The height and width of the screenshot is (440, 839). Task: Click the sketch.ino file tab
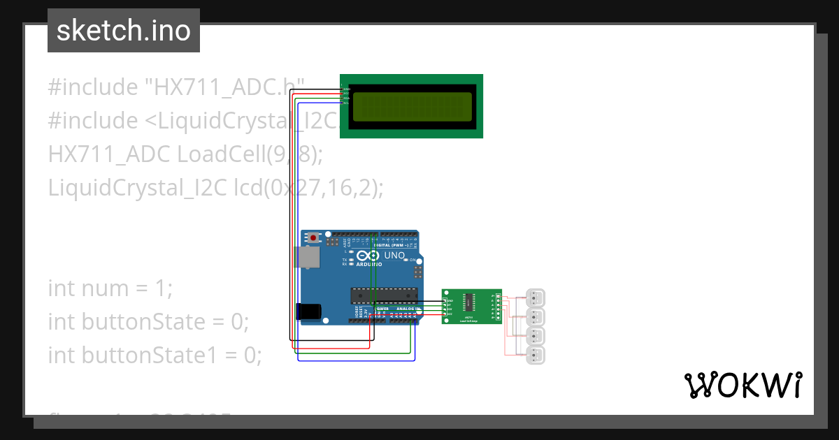pyautogui.click(x=123, y=31)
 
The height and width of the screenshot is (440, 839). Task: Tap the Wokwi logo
pyautogui.click(x=743, y=385)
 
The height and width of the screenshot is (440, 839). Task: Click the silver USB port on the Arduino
pyautogui.click(x=306, y=257)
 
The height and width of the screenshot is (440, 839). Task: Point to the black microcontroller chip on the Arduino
pyautogui.click(x=384, y=295)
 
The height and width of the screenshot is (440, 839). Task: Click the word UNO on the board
pyautogui.click(x=395, y=256)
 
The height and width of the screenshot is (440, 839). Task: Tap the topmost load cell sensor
pyautogui.click(x=536, y=298)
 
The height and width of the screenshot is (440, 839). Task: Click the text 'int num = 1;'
pyautogui.click(x=110, y=288)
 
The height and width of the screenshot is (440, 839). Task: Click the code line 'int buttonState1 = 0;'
pyautogui.click(x=155, y=355)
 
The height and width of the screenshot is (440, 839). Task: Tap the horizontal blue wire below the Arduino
pyautogui.click(x=357, y=360)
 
